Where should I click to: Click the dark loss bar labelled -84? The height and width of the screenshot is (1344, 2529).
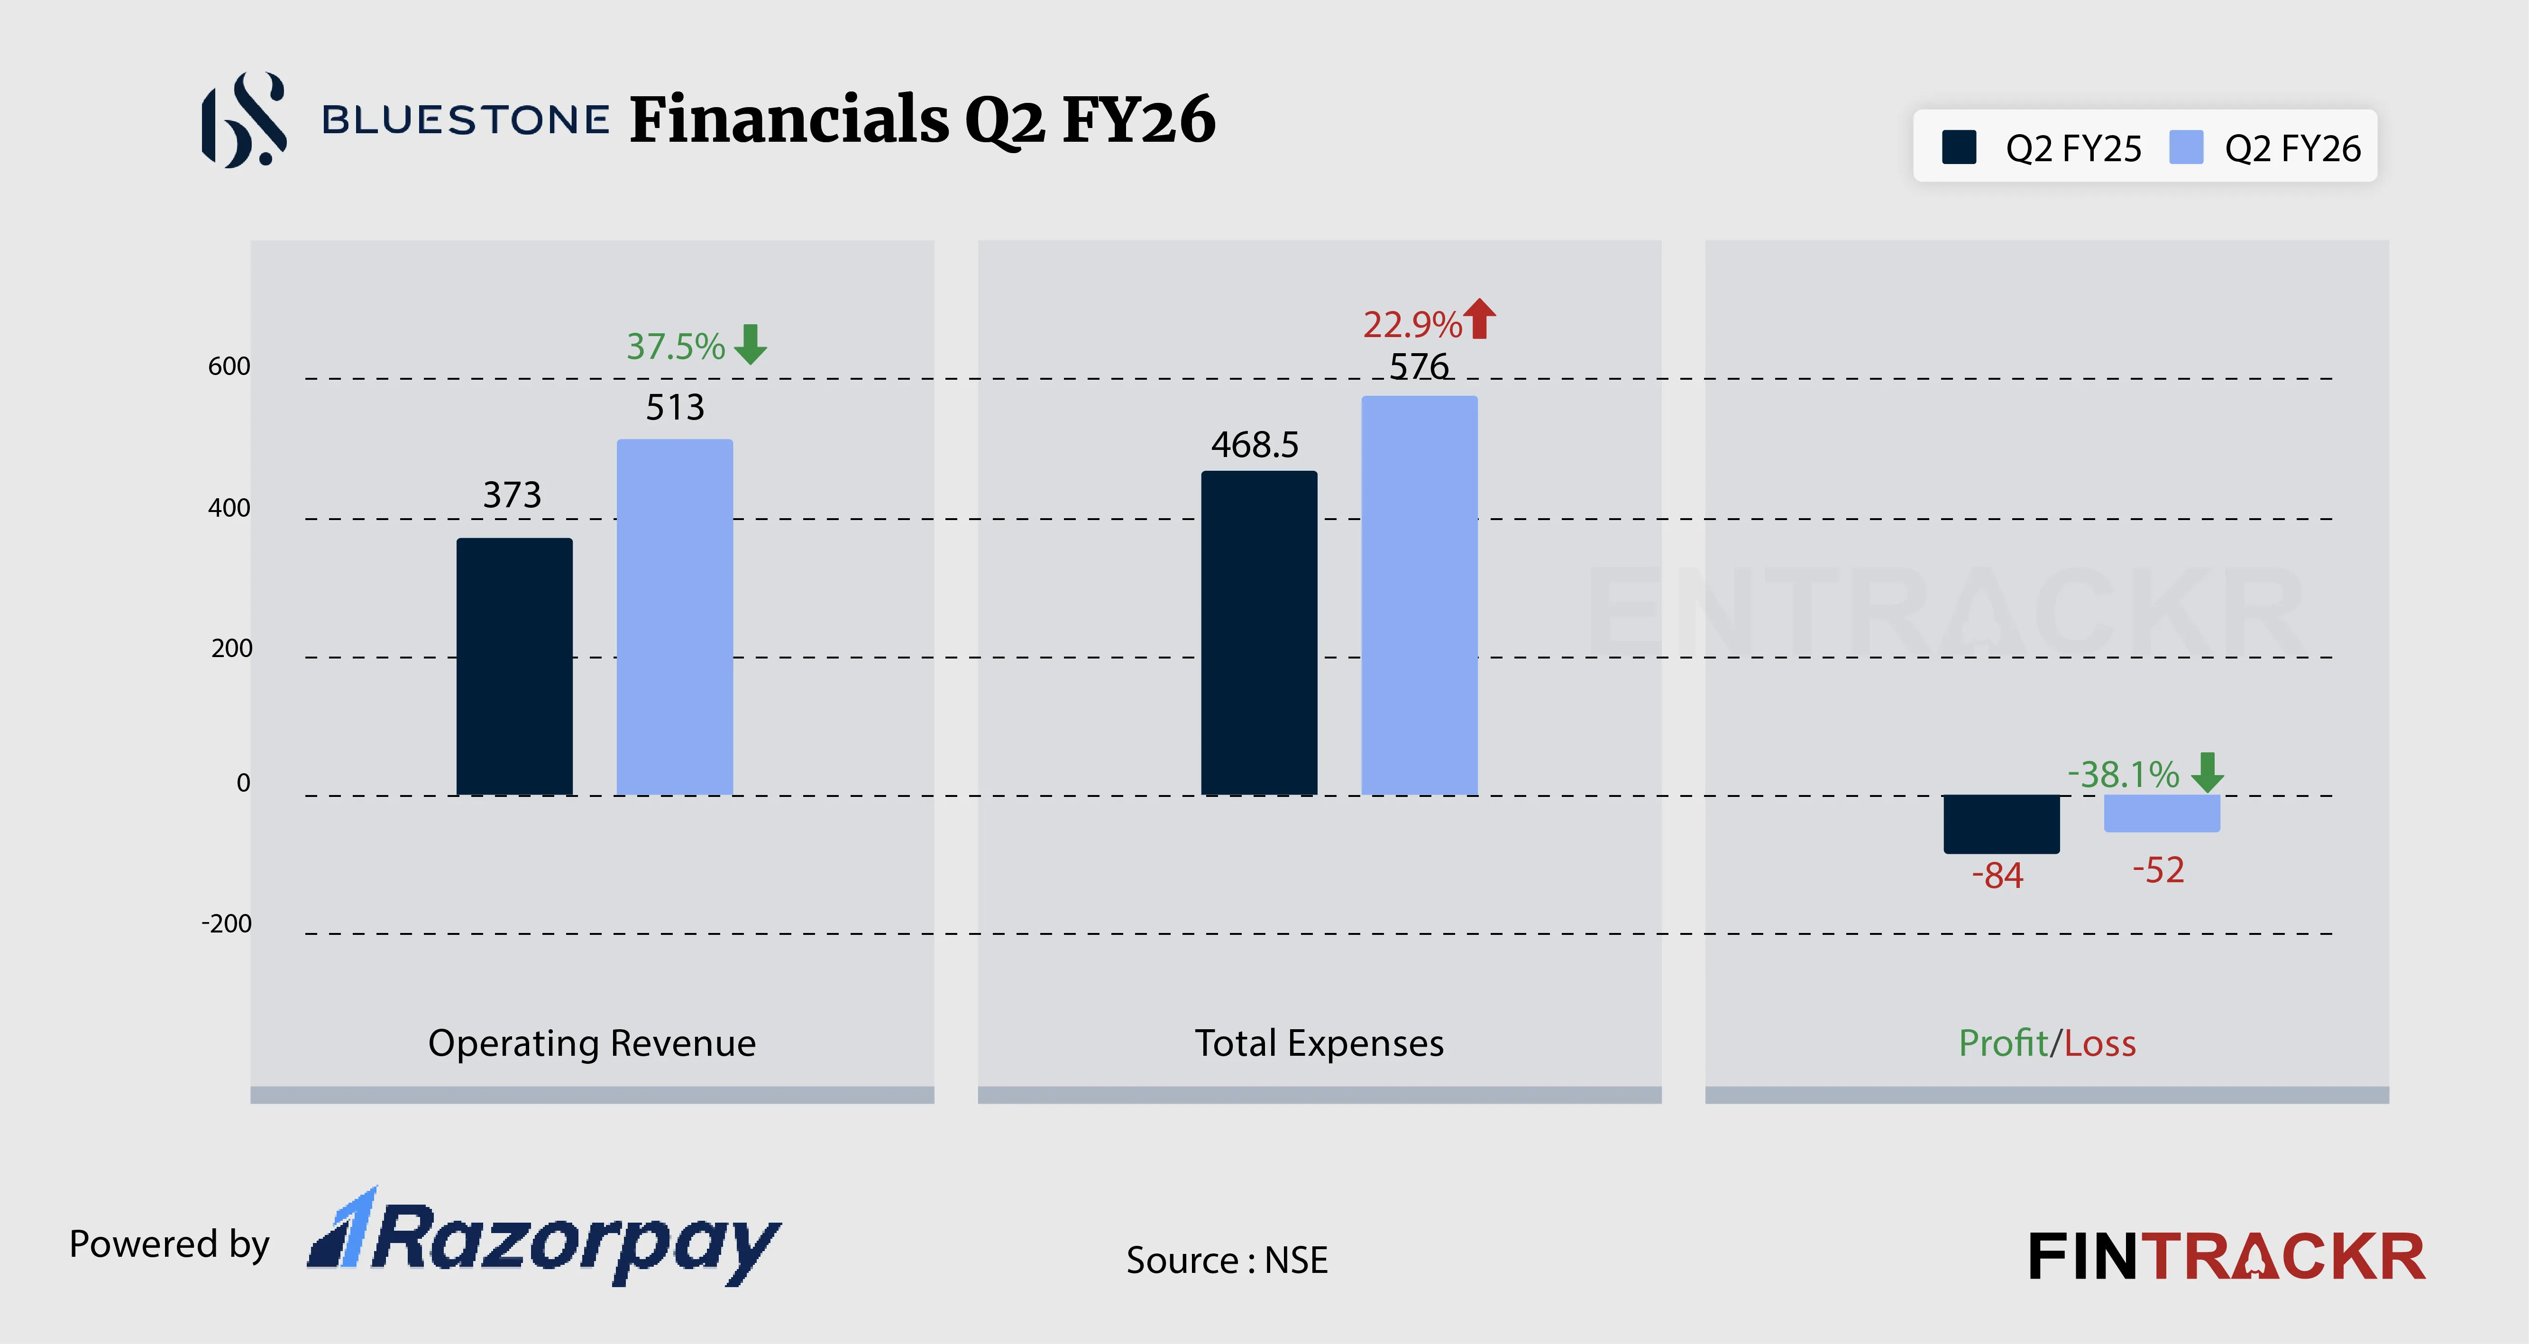point(2001,823)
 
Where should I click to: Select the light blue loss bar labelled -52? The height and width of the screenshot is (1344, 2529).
point(2161,813)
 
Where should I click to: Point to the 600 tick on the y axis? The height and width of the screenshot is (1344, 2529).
point(229,366)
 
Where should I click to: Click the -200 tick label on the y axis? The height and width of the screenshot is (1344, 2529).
point(227,924)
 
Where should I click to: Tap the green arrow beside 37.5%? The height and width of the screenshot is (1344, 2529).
point(751,345)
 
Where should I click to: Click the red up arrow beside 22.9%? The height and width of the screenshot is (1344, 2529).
point(1479,319)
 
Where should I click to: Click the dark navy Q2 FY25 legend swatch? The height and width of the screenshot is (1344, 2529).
point(1959,147)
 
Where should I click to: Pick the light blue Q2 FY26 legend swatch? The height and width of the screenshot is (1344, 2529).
point(2186,147)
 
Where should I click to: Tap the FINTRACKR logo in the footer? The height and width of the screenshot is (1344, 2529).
point(2226,1257)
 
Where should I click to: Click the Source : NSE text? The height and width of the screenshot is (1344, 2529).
point(1226,1260)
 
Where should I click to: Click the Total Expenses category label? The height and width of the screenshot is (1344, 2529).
point(1319,1042)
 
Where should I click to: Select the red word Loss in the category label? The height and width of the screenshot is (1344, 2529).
point(2100,1042)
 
